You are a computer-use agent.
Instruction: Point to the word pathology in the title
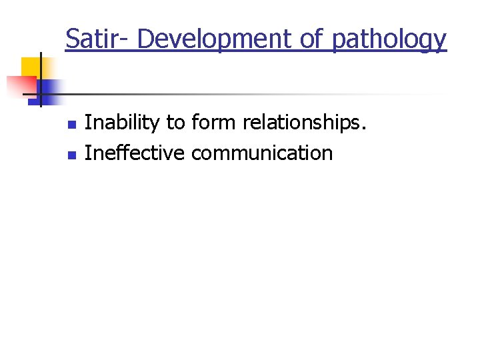pyautogui.click(x=389, y=40)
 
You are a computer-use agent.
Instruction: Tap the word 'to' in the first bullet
pyautogui.click(x=175, y=123)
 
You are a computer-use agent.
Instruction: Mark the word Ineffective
pyautogui.click(x=135, y=153)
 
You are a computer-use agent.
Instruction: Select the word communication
pyautogui.click(x=261, y=153)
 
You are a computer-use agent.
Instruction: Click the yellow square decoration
pyautogui.click(x=31, y=67)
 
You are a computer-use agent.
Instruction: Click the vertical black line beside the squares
pyautogui.click(x=41, y=80)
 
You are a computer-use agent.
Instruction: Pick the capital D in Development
pyautogui.click(x=145, y=39)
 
